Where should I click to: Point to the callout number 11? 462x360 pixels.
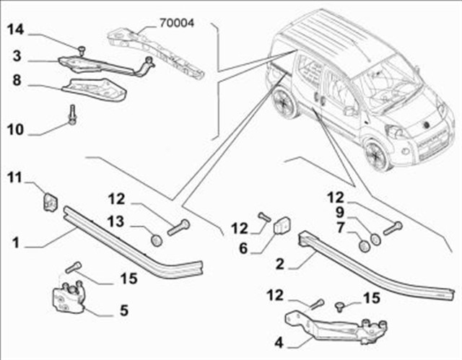tap(16, 177)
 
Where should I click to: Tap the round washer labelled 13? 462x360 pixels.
tap(154, 239)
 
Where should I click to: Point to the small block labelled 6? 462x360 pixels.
tap(282, 226)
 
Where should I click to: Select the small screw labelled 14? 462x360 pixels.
tap(81, 48)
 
